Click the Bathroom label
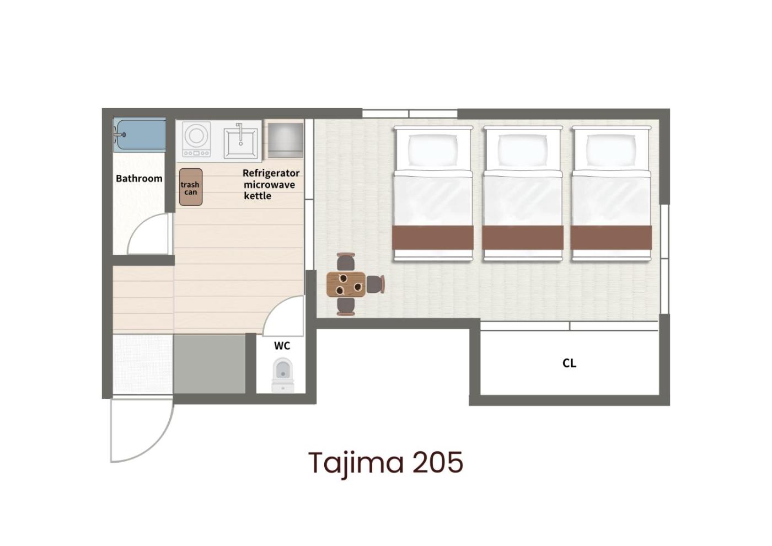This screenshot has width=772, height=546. pos(139,179)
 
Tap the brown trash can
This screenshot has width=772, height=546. pos(191,187)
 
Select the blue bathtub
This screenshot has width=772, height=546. pos(140,135)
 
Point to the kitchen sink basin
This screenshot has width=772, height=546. pos(240,143)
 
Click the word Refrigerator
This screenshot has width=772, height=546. pos(271,173)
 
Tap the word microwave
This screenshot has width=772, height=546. pos(269,185)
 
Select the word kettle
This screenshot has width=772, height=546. pos(258,196)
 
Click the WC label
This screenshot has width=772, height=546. pos(282,346)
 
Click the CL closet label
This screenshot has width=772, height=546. pos(569,363)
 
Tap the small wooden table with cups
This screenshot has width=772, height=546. pos(346,285)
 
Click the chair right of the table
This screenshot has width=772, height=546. pos(376,285)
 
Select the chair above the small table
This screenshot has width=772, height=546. pos(346,262)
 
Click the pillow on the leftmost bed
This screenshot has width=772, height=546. pos(433,149)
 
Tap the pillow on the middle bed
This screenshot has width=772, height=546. pos(523,149)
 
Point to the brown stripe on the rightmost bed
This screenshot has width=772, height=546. pos(611,238)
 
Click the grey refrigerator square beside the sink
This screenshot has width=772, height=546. pos(286,140)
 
